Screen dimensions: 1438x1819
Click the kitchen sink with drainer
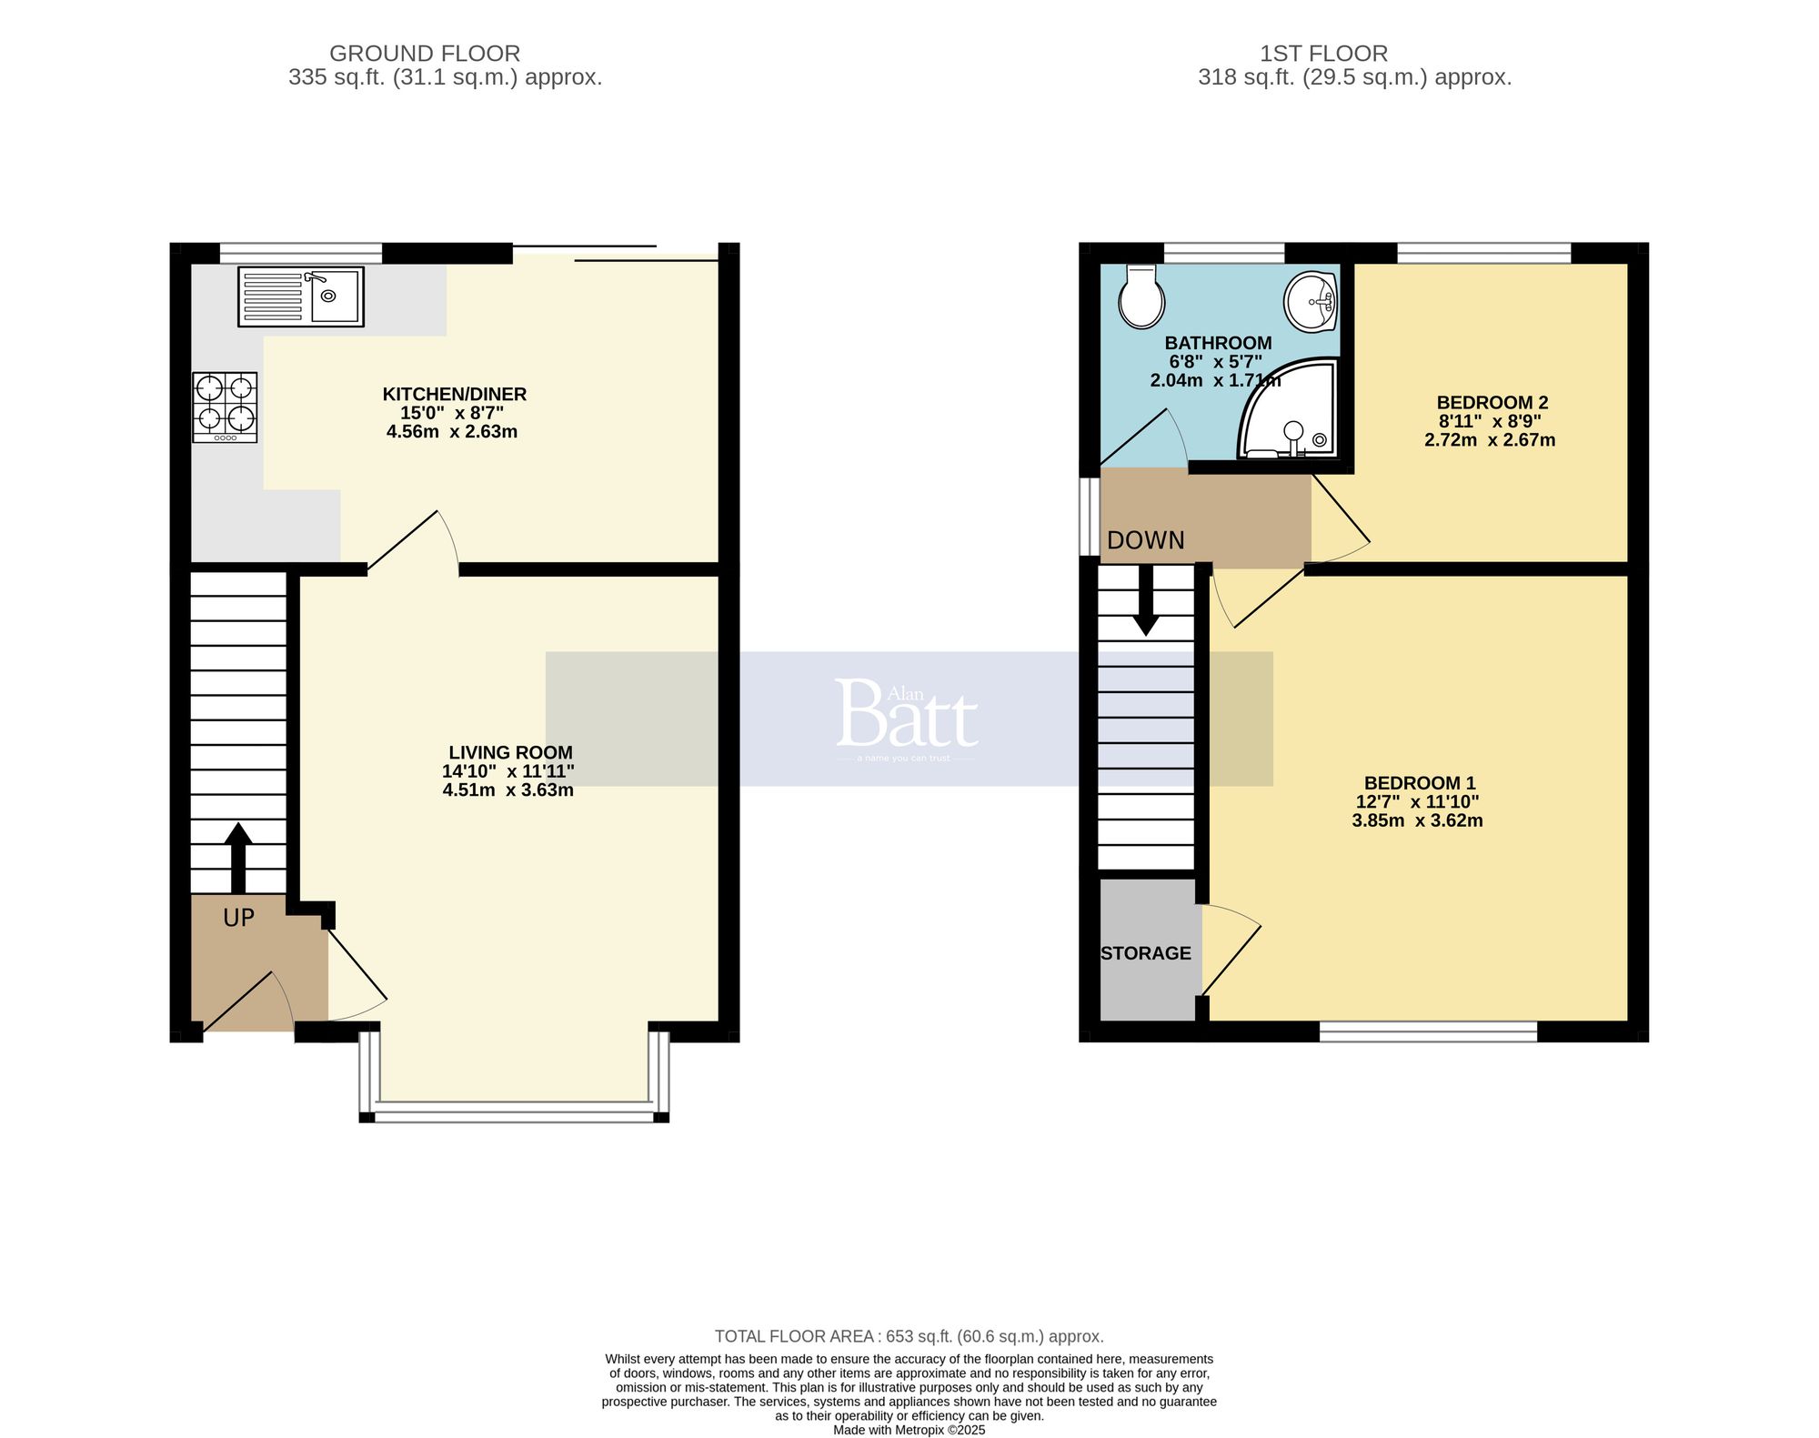(300, 297)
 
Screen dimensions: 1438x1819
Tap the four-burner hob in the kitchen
(225, 407)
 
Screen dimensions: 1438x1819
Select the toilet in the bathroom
(1141, 297)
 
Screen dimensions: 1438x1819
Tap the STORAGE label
(1145, 953)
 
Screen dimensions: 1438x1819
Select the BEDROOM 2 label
(1492, 402)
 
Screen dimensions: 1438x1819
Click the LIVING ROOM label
(510, 752)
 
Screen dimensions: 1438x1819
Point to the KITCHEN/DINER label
(454, 394)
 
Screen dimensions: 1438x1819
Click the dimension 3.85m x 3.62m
(1417, 820)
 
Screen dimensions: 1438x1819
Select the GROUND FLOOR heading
(425, 54)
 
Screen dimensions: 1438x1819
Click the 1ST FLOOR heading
(1323, 54)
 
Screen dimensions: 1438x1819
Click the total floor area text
(909, 1336)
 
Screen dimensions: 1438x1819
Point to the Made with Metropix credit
(909, 1430)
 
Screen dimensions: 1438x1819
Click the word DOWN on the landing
(1145, 540)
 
